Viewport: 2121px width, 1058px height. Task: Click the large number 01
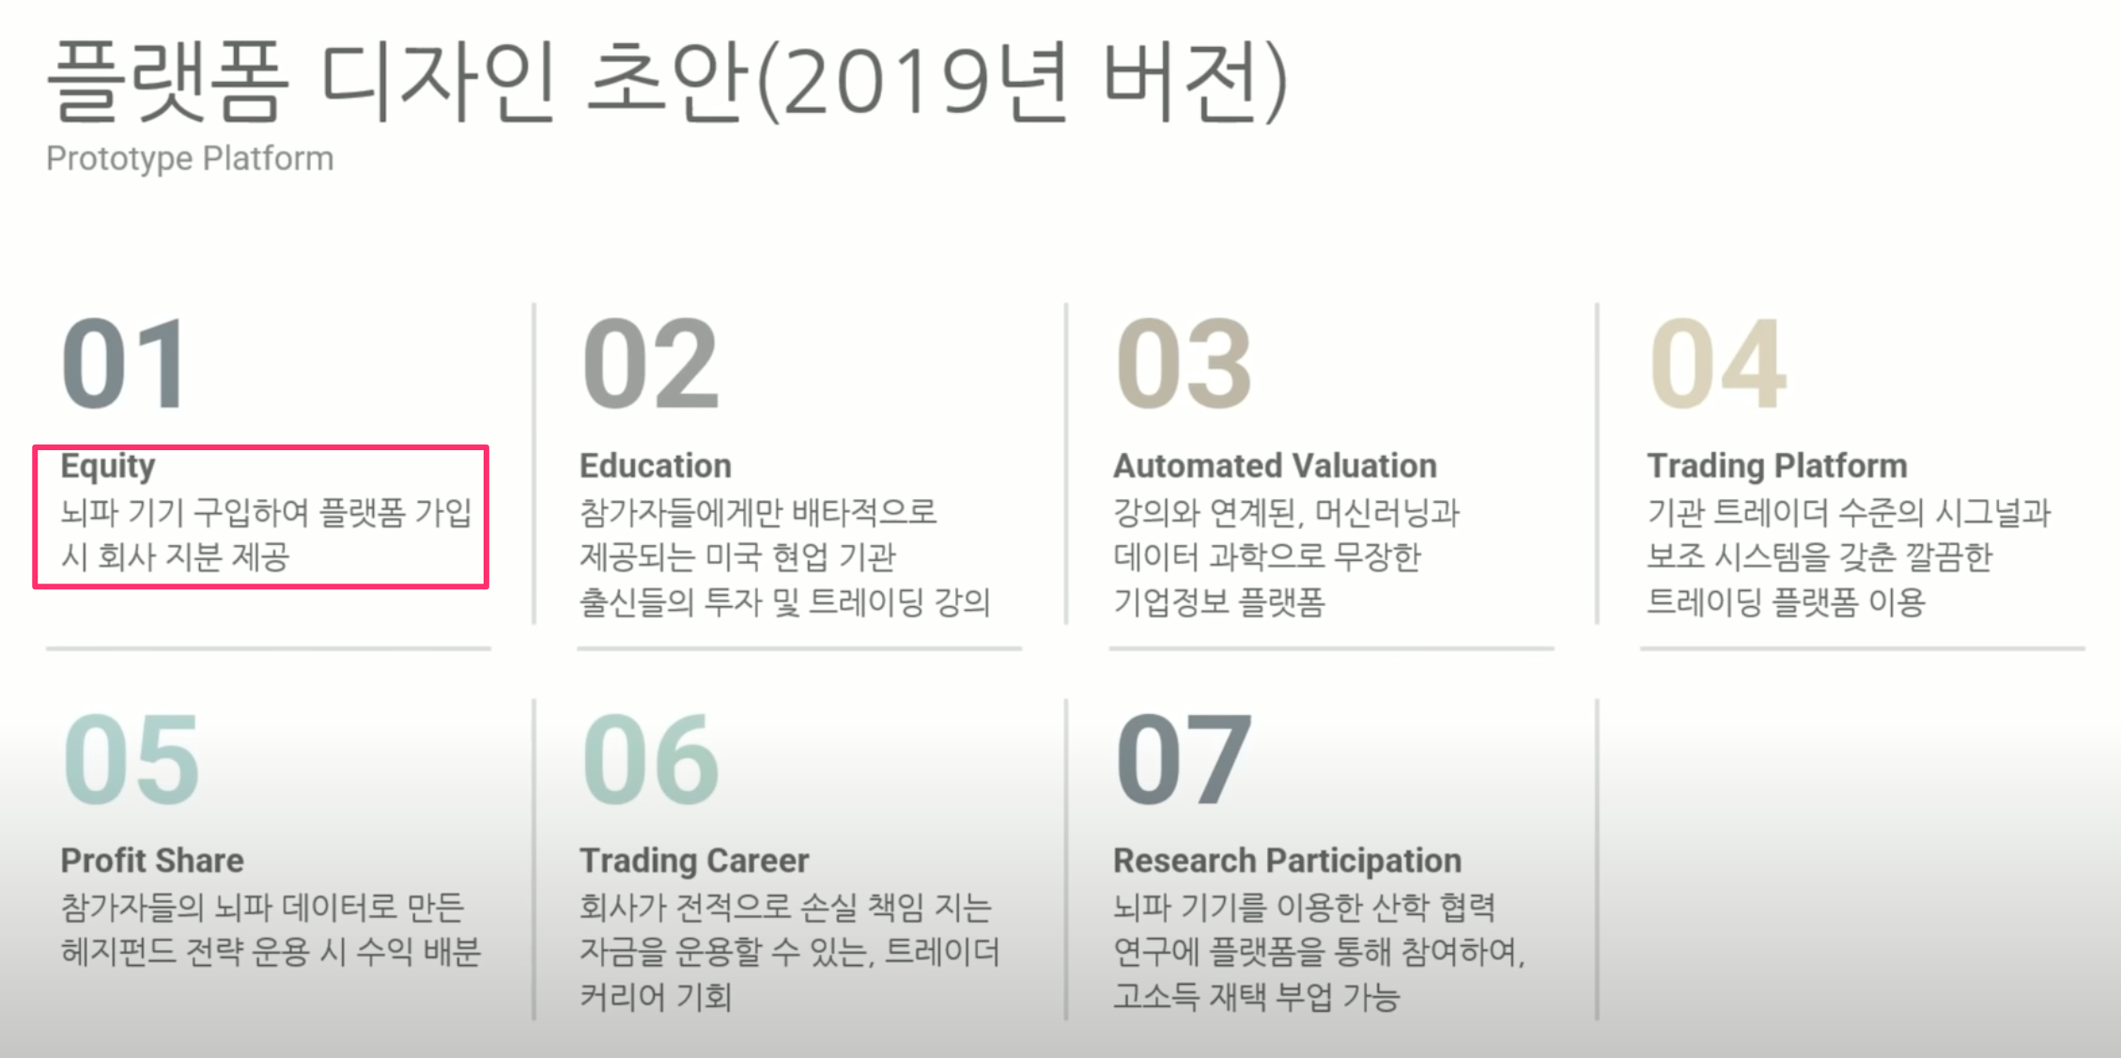(124, 364)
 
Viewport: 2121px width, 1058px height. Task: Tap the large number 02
(651, 364)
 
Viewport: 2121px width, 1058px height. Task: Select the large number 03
(1184, 364)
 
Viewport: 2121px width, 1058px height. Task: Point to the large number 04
(1718, 364)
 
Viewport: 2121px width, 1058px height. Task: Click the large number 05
(132, 758)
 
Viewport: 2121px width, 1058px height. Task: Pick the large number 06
(651, 758)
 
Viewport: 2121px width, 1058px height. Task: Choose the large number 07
(1184, 758)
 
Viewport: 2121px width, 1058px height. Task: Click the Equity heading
(108, 467)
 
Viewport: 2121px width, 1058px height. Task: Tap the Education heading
(656, 465)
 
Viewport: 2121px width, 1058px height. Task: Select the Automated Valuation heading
(1275, 465)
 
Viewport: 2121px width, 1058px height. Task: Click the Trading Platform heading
(1777, 467)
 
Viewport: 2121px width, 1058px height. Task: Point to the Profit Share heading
(152, 860)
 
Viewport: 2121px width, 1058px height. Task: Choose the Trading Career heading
(694, 862)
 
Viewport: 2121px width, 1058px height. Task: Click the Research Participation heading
(1287, 862)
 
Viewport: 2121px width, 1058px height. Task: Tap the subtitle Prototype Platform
(190, 159)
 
